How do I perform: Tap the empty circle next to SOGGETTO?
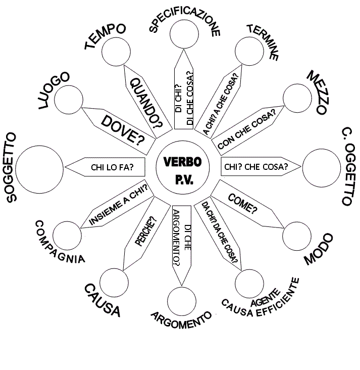click(x=40, y=169)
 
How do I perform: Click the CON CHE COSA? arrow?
click(x=247, y=129)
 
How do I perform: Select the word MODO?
click(x=319, y=250)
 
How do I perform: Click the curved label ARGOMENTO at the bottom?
click(x=180, y=317)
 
